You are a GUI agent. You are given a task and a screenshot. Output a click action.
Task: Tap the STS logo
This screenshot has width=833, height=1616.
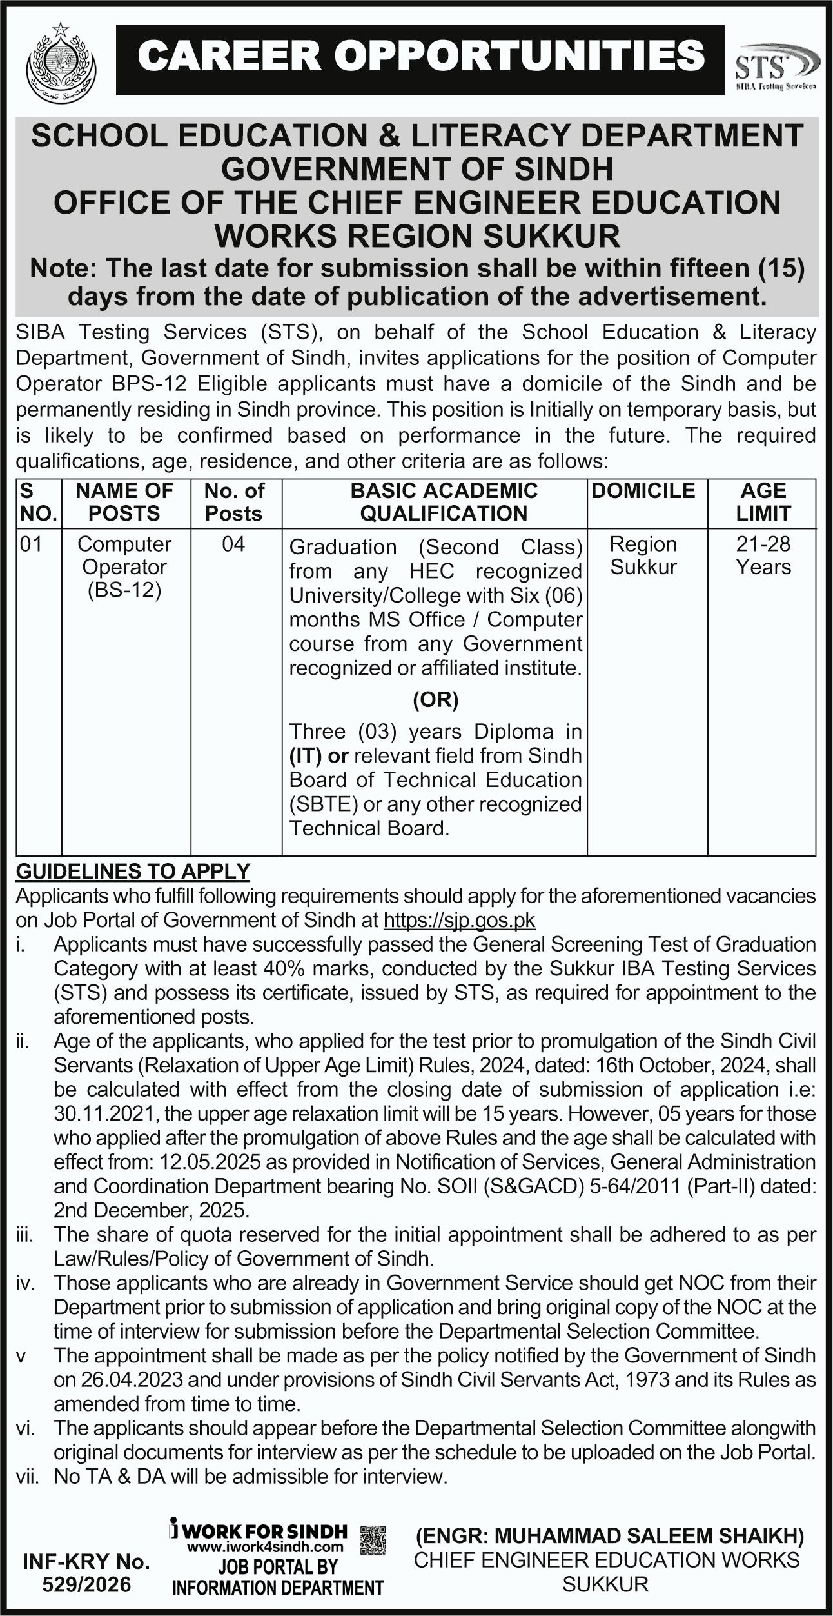tap(776, 66)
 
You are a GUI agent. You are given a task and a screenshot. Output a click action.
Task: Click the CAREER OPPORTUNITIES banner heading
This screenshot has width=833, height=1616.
tap(420, 56)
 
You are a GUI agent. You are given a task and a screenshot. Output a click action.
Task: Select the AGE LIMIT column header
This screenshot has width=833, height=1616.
tap(763, 502)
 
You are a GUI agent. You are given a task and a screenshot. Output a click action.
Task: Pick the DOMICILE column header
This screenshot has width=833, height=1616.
tap(643, 491)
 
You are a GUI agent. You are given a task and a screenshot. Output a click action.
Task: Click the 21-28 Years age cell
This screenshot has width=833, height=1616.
tap(763, 555)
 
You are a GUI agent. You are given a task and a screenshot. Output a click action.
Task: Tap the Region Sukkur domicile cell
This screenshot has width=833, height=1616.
tap(643, 555)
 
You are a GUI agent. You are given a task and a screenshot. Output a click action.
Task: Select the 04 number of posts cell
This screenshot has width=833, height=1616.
tap(233, 544)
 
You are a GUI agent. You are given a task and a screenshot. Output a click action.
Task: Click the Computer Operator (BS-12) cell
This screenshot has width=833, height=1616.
tap(124, 567)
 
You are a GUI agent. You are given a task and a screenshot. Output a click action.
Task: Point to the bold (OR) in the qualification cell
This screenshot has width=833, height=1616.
tap(435, 700)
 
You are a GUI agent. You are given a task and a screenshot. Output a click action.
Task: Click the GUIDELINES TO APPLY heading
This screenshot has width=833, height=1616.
tap(133, 872)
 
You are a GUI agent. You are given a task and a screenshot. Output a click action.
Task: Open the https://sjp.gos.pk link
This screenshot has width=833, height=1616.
tap(459, 919)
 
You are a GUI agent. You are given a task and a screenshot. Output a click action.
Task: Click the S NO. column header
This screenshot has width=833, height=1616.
tap(38, 502)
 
